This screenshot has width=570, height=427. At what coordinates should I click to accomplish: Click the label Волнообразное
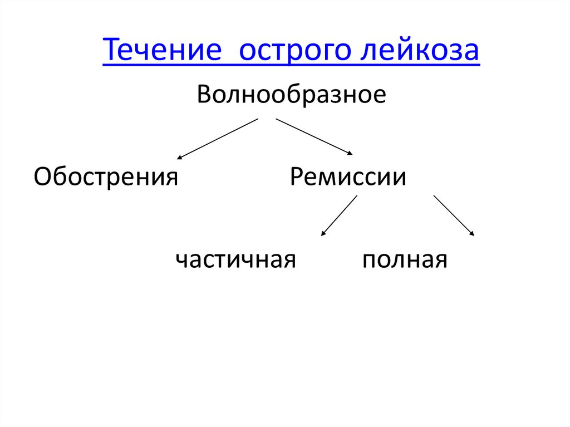[x=291, y=94]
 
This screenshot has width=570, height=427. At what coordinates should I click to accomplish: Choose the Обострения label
[x=106, y=177]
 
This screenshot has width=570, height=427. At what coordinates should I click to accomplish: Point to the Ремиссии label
[x=348, y=177]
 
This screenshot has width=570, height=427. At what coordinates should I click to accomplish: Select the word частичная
[x=235, y=259]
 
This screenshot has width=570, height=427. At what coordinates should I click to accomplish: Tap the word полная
[x=405, y=259]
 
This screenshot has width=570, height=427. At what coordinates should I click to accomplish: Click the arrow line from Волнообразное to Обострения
[x=218, y=139]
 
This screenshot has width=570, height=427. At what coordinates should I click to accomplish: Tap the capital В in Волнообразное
[x=204, y=94]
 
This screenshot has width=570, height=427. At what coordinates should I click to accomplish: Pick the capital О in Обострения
[x=43, y=177]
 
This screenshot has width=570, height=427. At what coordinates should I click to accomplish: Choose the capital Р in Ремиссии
[x=297, y=177]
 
